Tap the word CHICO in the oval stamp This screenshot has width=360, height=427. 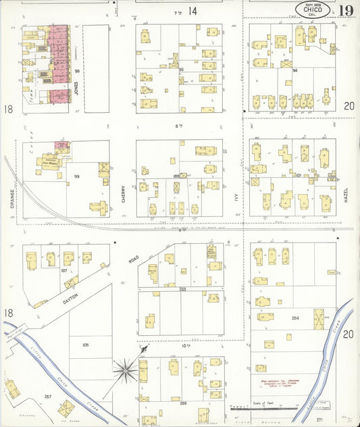coord(313,9)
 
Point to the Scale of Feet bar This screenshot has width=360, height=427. coord(263,407)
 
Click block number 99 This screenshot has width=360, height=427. coord(77,176)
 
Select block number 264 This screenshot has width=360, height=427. coord(294,318)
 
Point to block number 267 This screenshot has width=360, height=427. coord(47,396)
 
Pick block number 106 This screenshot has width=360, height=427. coord(85,345)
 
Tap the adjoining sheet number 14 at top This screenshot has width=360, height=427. coord(192,11)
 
